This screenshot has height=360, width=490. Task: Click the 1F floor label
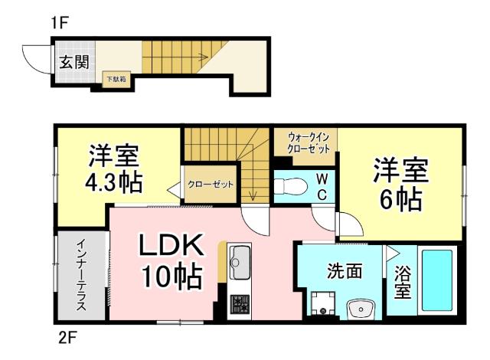click(60, 23)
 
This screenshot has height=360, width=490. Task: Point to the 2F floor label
click(66, 336)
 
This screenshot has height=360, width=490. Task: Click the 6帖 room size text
click(400, 199)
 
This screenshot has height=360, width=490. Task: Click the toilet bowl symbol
click(290, 185)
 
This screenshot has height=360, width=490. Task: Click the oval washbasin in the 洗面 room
click(358, 309)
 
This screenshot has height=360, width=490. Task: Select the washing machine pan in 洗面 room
click(323, 304)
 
